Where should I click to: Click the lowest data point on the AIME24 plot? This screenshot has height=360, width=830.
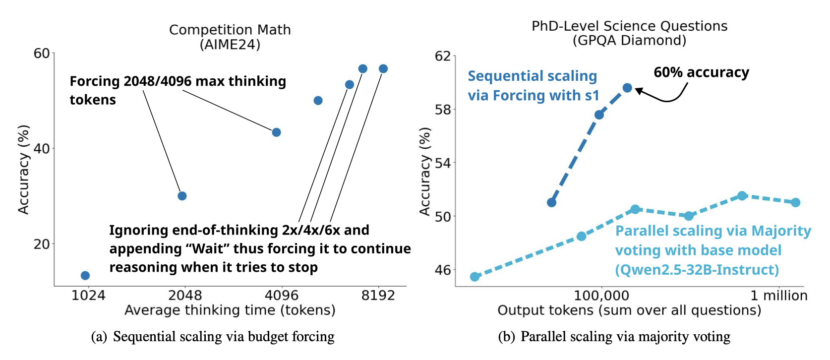[x=85, y=276]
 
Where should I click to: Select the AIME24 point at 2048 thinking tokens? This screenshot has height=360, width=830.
[x=182, y=196]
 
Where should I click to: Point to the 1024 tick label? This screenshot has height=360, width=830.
[x=88, y=296]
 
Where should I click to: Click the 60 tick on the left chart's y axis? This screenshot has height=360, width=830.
[x=42, y=54]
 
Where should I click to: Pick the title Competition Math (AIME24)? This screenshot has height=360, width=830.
[x=230, y=37]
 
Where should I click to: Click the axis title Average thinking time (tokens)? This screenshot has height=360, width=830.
[x=230, y=310]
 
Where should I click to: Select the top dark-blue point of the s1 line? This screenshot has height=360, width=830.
[x=627, y=88]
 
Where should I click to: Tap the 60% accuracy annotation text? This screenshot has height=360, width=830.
[x=702, y=72]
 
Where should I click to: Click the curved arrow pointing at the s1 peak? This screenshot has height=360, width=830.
[x=667, y=100]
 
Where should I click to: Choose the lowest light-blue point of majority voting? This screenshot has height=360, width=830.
[x=474, y=277]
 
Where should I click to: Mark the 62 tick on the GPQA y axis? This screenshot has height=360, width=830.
[x=443, y=57]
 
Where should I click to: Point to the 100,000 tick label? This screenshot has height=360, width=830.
[x=601, y=296]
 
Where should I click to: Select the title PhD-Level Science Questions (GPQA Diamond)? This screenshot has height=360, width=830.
[x=630, y=33]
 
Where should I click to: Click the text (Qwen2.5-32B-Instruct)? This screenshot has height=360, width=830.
[x=697, y=270]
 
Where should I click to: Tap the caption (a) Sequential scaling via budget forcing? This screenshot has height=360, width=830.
[x=213, y=337]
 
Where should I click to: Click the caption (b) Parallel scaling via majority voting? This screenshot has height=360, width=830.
[x=614, y=337]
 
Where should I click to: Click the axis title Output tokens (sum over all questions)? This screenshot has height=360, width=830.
[x=629, y=310]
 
